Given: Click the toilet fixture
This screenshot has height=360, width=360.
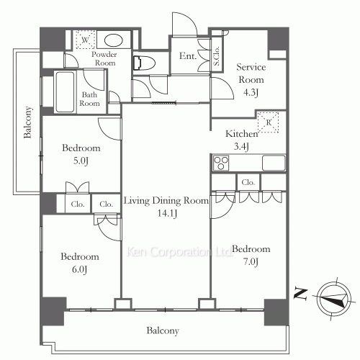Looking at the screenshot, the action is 144,63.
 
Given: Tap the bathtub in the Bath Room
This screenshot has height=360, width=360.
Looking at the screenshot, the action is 65,92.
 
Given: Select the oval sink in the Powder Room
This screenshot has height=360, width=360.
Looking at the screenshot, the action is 114,40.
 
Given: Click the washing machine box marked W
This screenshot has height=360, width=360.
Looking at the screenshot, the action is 85,40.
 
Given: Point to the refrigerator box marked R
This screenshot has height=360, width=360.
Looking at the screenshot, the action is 269,122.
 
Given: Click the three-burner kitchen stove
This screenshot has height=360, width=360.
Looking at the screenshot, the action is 221,163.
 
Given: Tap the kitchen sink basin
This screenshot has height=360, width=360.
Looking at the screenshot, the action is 274,163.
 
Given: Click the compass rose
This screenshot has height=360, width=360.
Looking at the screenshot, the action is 333,299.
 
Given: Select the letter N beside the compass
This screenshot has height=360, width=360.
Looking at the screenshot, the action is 300,294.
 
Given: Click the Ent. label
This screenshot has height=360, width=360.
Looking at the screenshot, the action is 188,56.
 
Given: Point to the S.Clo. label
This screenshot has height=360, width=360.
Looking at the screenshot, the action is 217,55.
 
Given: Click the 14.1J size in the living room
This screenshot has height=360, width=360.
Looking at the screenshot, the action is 167,213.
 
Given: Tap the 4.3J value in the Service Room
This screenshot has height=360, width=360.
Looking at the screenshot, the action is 251,92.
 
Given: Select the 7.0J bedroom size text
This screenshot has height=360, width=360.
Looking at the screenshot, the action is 251,261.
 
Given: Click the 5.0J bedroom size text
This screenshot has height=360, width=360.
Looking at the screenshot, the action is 81,161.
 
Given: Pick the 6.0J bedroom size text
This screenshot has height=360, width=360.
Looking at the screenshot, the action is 79,269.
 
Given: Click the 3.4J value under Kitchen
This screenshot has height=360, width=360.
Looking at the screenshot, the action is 241,146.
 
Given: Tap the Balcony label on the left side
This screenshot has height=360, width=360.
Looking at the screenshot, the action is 27,122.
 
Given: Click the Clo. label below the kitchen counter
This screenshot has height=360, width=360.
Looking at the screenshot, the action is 248,183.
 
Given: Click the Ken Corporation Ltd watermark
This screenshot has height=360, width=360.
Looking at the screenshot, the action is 179,252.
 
